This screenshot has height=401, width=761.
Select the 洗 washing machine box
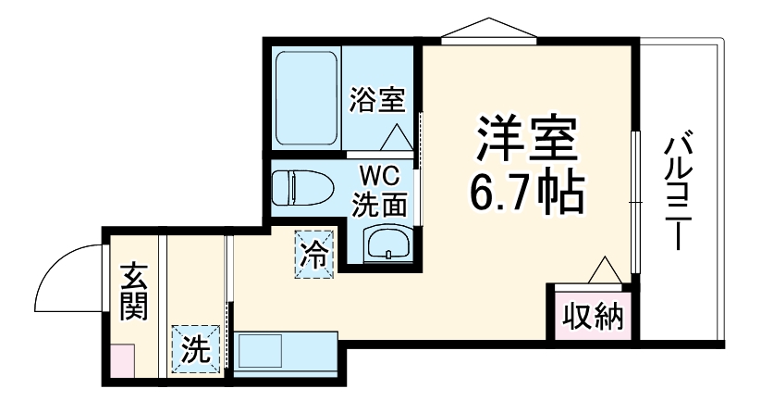click(x=194, y=350)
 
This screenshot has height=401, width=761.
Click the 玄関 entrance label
click(x=134, y=292)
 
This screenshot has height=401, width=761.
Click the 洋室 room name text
click(x=527, y=142)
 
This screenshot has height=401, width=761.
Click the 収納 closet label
click(x=594, y=315)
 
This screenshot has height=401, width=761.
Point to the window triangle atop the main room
click(x=489, y=30)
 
